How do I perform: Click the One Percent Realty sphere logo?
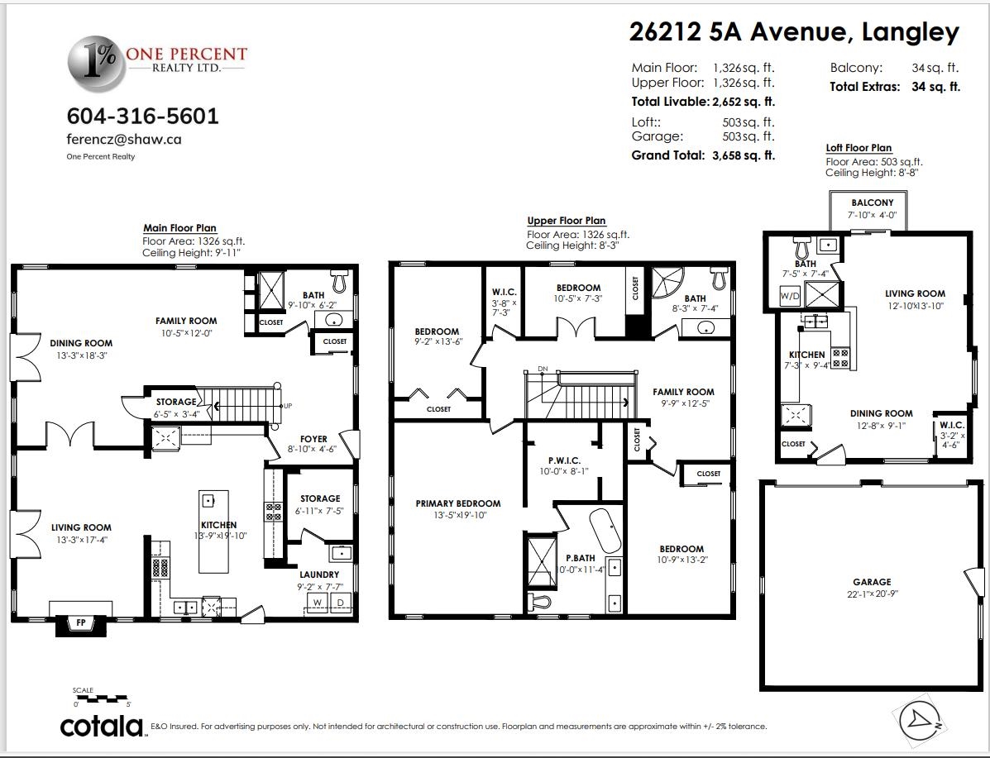(x=97, y=63)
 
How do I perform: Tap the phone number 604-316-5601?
(x=143, y=116)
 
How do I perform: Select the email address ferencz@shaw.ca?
(x=124, y=140)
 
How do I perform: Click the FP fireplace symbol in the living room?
(x=81, y=623)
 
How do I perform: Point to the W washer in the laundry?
(x=318, y=603)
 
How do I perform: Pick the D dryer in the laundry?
(x=340, y=603)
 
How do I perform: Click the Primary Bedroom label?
(x=457, y=503)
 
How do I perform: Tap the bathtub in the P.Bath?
(x=605, y=531)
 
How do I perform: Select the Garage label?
(x=872, y=582)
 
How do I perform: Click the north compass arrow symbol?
(x=920, y=719)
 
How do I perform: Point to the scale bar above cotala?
(x=102, y=698)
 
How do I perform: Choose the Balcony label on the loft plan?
(x=872, y=203)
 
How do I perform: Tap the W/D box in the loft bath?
(x=790, y=295)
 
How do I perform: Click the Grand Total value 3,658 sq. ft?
(x=744, y=155)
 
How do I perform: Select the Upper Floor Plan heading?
(x=567, y=220)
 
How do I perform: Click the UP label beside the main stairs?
(x=288, y=406)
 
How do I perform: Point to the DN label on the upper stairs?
(x=543, y=368)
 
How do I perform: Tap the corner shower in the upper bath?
(x=667, y=284)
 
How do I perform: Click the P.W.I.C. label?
(x=564, y=460)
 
